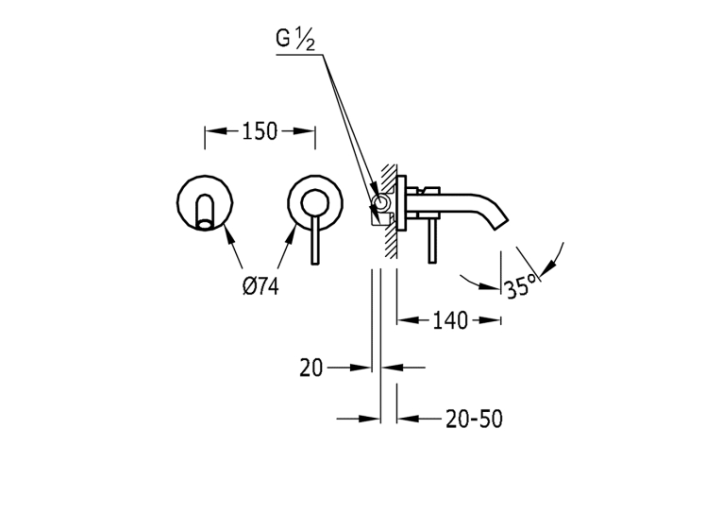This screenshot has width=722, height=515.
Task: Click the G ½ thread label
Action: point(295,39)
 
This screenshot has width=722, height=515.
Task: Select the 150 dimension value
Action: point(260,131)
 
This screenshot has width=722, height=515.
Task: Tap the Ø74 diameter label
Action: point(260,286)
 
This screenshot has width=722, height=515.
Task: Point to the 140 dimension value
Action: point(450,320)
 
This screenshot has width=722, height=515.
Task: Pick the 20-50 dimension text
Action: point(475,420)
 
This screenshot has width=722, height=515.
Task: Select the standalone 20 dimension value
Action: point(311,368)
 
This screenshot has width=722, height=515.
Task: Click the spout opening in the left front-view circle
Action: point(205,225)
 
